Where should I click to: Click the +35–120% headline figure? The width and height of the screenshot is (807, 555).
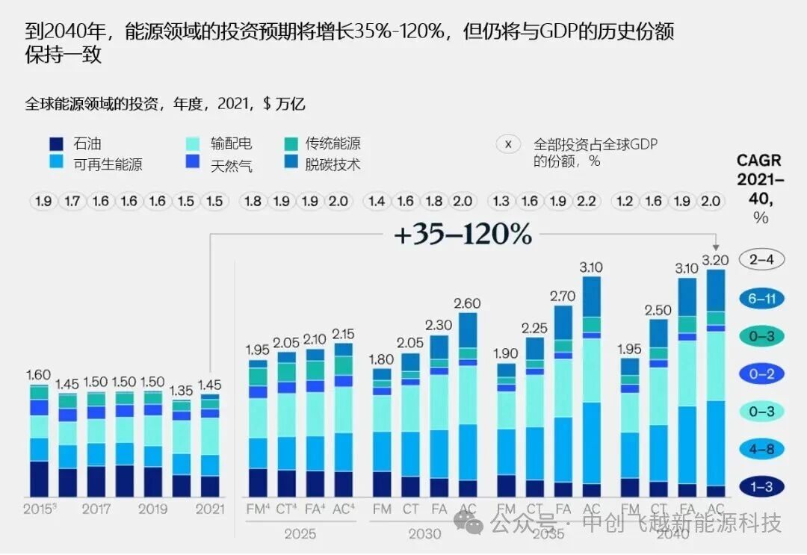click(x=463, y=235)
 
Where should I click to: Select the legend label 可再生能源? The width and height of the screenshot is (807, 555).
click(x=108, y=164)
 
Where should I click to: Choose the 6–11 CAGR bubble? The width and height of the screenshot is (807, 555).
click(x=761, y=298)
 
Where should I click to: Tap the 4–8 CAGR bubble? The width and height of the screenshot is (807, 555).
click(x=761, y=449)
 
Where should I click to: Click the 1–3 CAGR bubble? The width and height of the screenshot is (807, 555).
click(x=761, y=487)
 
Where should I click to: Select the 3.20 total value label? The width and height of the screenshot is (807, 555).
click(x=716, y=259)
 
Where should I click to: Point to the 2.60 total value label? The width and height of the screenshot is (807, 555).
click(x=467, y=303)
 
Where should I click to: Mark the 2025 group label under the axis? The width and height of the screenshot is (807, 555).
click(x=300, y=534)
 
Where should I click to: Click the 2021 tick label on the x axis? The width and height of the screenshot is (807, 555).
click(x=209, y=509)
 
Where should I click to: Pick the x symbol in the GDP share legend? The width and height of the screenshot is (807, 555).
click(x=508, y=145)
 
